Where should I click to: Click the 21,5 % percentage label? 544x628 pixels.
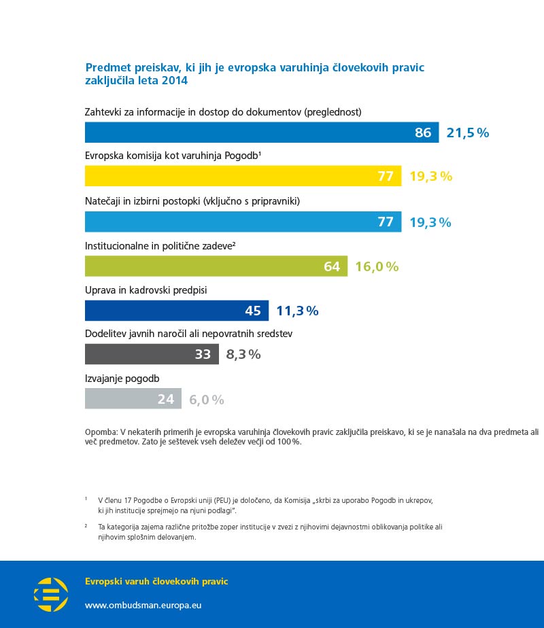pos(468,133)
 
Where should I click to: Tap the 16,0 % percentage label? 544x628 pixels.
pos(377,266)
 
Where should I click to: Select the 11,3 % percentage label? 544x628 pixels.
pos(297,311)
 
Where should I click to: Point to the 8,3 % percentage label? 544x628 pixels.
pos(243,354)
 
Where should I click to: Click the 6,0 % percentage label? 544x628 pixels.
pos(207,400)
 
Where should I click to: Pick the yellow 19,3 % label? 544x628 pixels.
pos(430,177)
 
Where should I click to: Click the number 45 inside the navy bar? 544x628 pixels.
pos(253,311)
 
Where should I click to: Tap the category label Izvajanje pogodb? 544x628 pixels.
pos(122,379)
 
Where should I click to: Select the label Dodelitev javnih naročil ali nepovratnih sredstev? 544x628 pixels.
pos(188,334)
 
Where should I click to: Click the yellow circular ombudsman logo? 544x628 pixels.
pos(51,594)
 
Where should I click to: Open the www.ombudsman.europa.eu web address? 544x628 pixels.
pos(143,604)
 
